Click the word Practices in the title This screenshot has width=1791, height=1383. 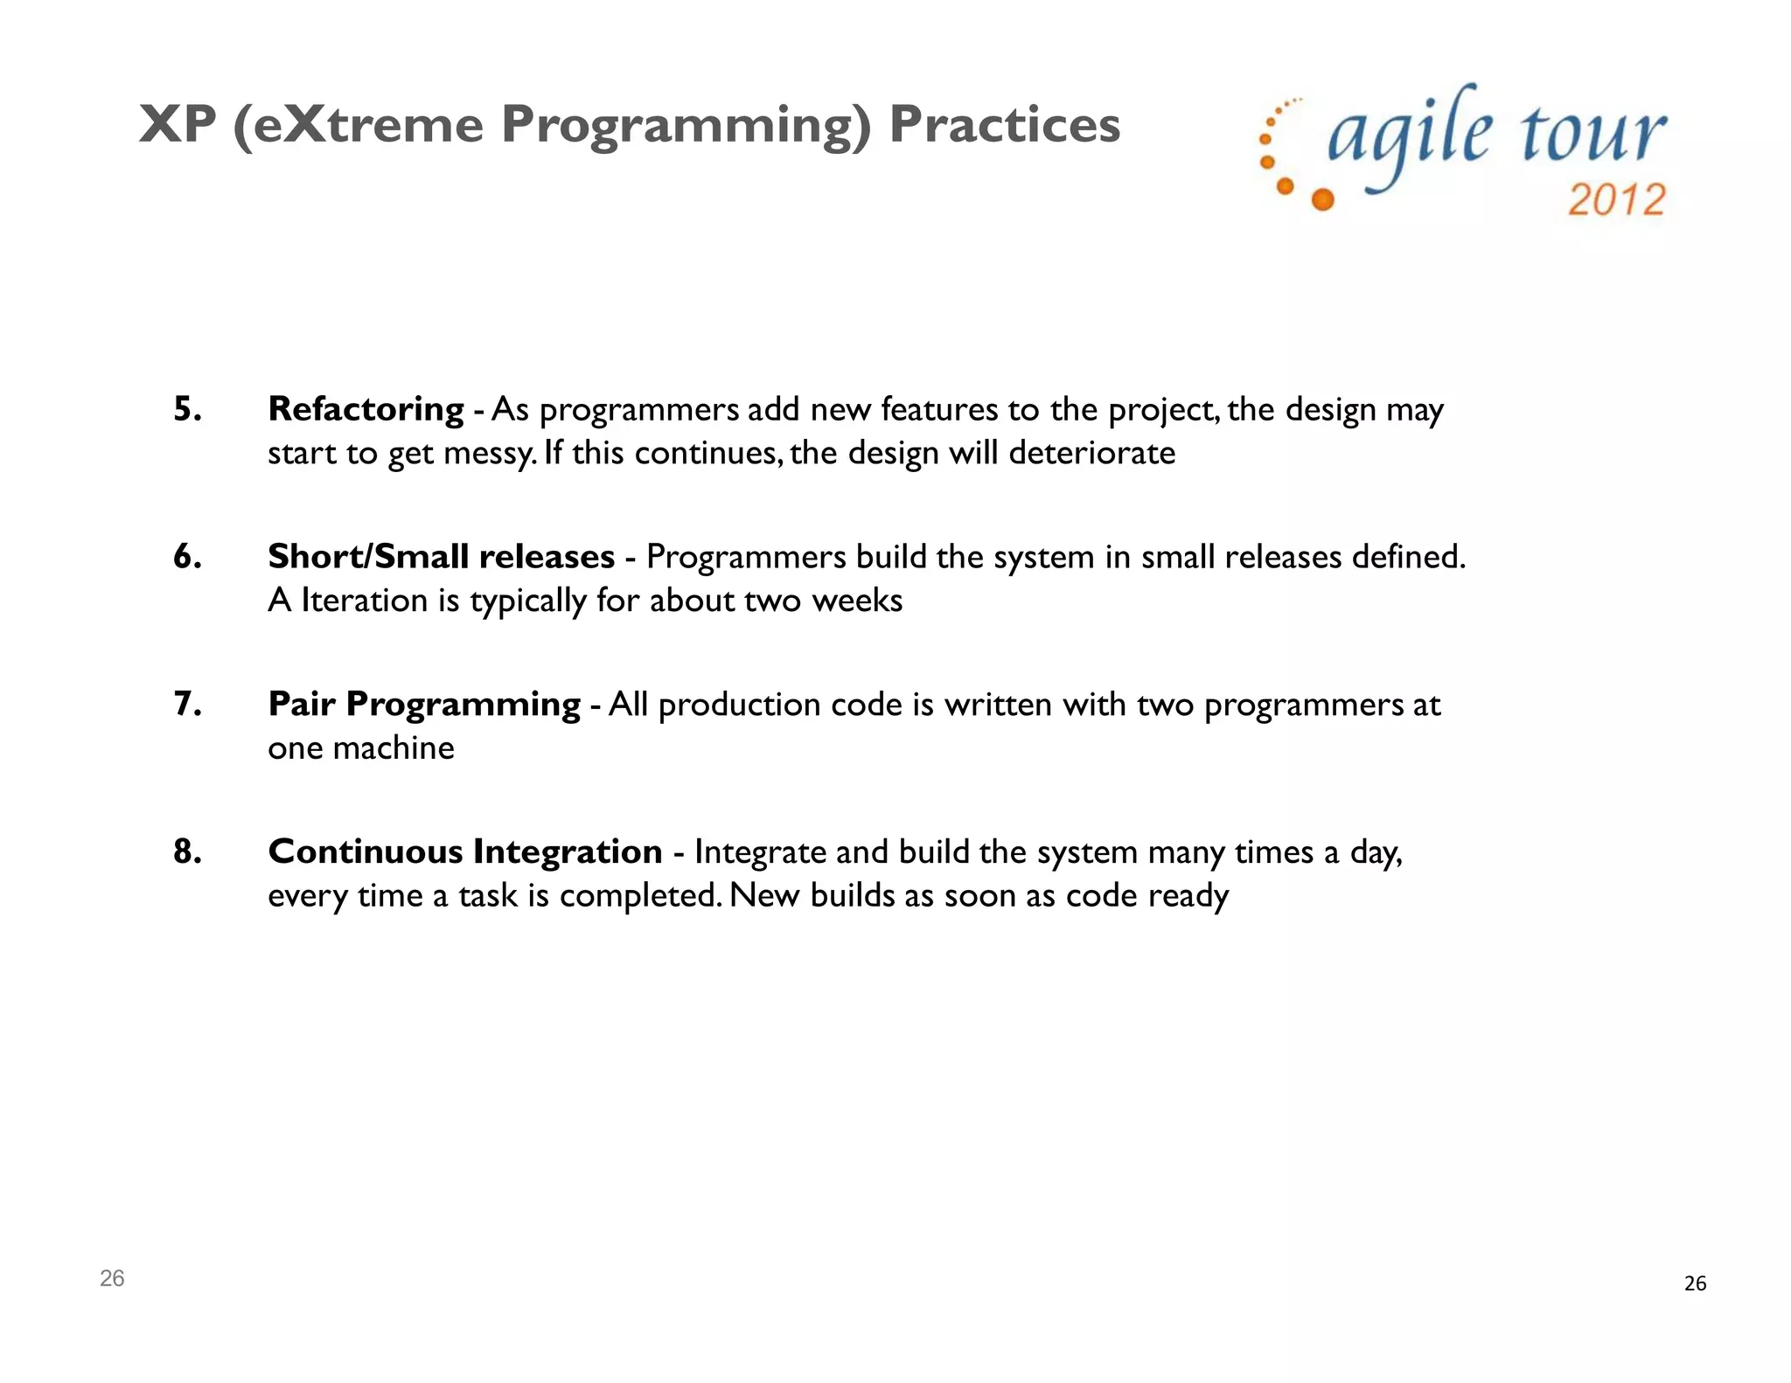click(x=1004, y=124)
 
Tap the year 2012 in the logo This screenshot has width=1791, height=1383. click(x=1616, y=200)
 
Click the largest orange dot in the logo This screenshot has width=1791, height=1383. click(x=1323, y=199)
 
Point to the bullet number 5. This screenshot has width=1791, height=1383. click(x=187, y=409)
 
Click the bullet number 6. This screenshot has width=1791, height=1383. click(x=187, y=557)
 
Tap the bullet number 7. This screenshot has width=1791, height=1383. click(x=187, y=704)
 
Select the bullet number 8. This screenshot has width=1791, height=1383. click(x=187, y=851)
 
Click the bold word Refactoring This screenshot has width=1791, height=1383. click(x=366, y=409)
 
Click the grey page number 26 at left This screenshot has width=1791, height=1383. click(x=112, y=1278)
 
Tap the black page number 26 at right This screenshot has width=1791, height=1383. click(x=1695, y=1283)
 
